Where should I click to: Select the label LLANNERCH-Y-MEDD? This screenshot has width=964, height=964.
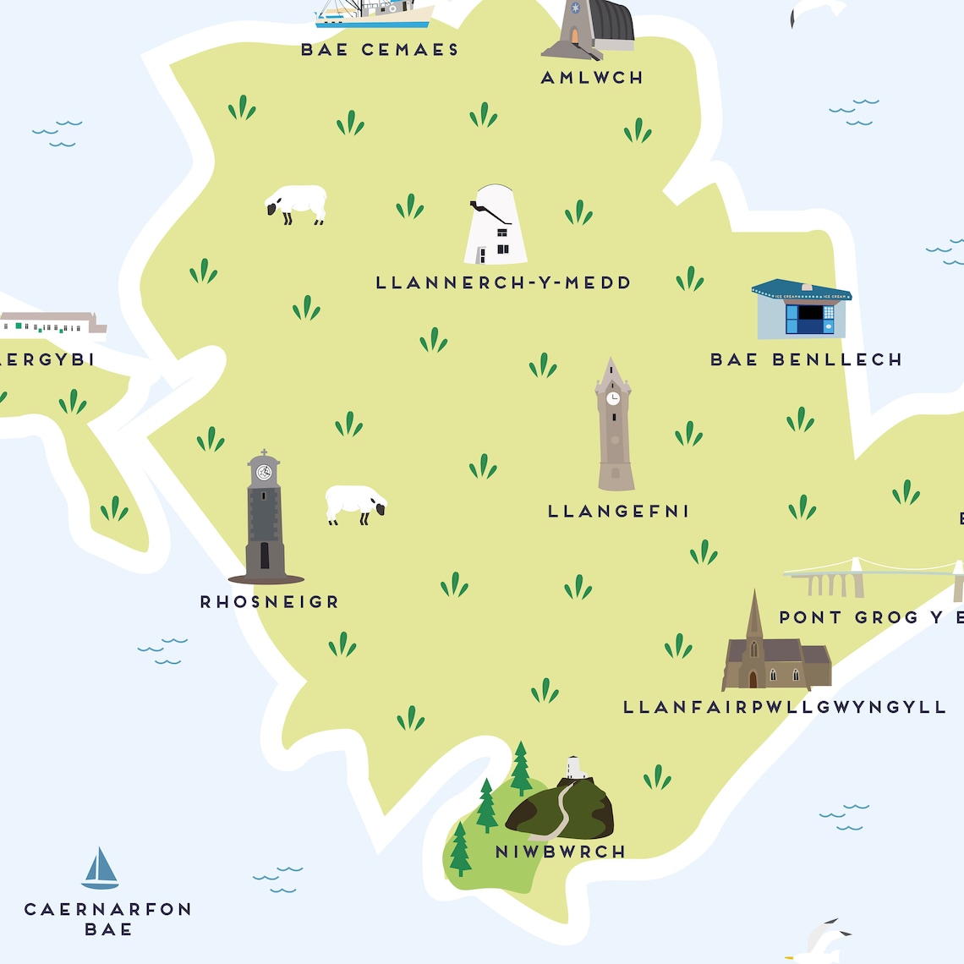(x=503, y=282)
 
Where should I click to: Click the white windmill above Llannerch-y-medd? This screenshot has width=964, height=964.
(x=495, y=227)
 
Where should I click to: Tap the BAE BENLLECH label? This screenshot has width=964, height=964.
(x=806, y=359)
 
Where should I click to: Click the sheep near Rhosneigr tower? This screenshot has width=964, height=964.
(x=355, y=503)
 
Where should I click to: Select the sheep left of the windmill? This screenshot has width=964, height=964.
(x=297, y=204)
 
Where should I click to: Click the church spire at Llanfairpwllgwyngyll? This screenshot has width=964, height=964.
(x=754, y=613)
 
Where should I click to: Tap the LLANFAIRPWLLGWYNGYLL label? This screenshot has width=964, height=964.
(x=784, y=707)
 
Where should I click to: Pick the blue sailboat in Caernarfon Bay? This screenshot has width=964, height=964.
(x=100, y=869)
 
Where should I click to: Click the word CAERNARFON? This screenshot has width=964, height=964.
(x=108, y=909)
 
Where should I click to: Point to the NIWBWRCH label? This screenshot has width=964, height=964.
(x=560, y=852)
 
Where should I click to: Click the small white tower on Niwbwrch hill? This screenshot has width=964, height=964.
(x=576, y=767)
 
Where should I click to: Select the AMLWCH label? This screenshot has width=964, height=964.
(x=592, y=78)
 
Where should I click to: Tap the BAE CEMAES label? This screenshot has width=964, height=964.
(x=380, y=50)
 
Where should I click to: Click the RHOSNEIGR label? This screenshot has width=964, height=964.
(x=270, y=602)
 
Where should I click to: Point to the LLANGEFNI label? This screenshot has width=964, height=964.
(x=618, y=511)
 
